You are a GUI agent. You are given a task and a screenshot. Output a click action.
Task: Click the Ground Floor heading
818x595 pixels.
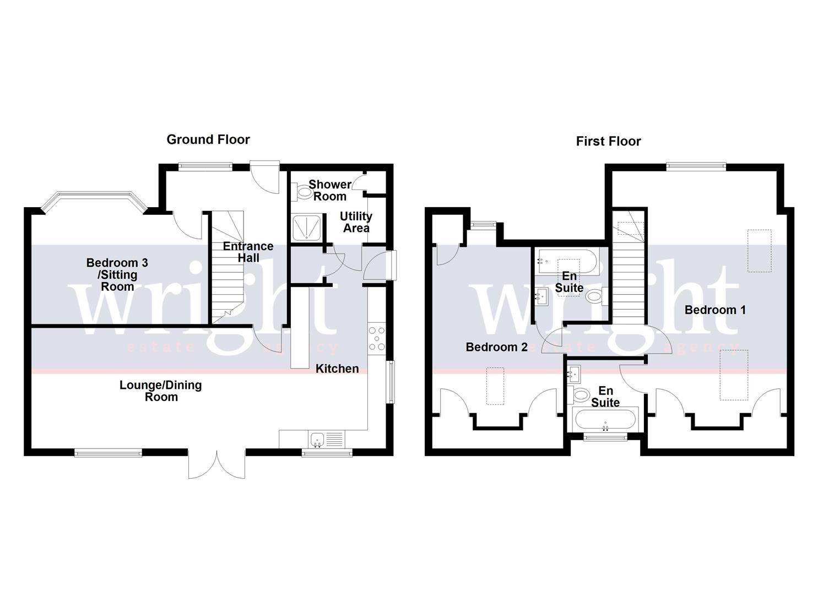(x=208, y=140)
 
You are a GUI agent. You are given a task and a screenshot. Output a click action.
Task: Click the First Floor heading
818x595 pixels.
(x=608, y=142)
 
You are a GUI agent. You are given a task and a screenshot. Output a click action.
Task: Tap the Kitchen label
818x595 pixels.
(x=337, y=369)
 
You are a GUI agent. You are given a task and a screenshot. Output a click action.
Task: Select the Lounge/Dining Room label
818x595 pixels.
(x=161, y=391)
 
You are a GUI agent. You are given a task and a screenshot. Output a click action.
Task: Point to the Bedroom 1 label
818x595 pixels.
(x=715, y=310)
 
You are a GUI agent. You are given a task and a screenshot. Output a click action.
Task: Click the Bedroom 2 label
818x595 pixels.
(x=496, y=347)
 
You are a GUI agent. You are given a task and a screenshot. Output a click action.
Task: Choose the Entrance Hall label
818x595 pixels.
(x=248, y=252)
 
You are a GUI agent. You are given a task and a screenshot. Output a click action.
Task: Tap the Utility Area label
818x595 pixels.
(x=356, y=222)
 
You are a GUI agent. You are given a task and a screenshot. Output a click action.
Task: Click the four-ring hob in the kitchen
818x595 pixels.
(x=377, y=338)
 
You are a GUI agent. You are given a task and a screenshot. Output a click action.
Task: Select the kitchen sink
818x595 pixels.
(x=317, y=440)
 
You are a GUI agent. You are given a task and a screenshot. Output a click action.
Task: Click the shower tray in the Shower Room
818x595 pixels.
(x=306, y=228)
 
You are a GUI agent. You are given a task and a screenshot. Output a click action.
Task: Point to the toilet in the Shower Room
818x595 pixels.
(x=303, y=192)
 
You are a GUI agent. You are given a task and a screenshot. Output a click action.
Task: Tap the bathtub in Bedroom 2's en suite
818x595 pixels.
(x=565, y=261)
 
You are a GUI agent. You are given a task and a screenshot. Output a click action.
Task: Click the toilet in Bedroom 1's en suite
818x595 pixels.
(x=581, y=394)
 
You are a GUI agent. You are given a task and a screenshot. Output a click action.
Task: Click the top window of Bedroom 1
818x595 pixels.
(x=696, y=166)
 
